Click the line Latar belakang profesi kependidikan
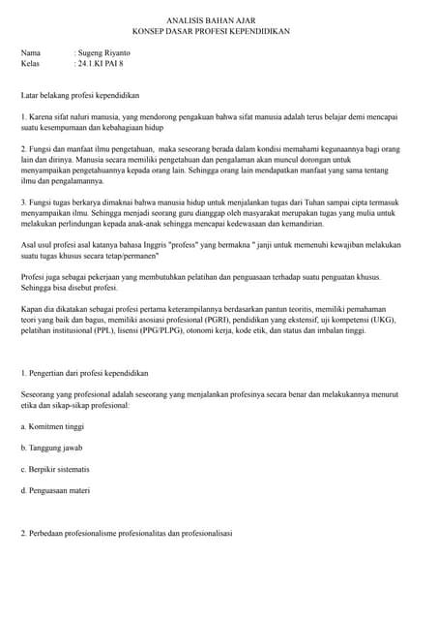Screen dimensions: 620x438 [x=81, y=96]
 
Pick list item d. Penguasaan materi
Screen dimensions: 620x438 [x=56, y=490]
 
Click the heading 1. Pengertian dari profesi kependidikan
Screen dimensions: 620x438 [x=85, y=373]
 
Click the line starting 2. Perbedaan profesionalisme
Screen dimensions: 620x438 [x=127, y=533]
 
